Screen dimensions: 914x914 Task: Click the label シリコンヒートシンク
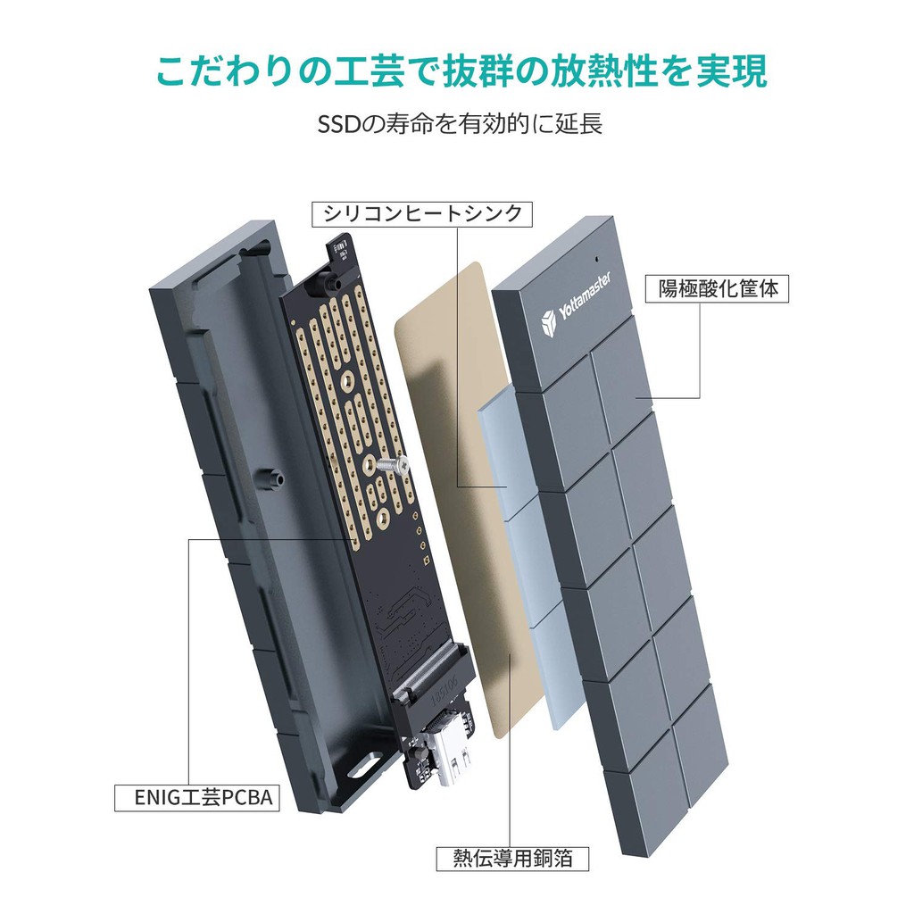click(x=417, y=214)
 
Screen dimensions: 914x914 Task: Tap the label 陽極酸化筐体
click(x=718, y=289)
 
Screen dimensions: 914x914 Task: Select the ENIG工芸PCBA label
click(x=196, y=796)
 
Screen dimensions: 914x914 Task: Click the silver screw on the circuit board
click(x=389, y=466)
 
